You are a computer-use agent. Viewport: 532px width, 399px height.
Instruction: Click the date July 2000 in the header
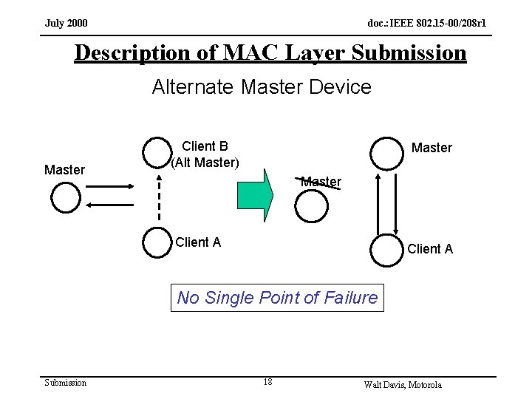tap(66, 24)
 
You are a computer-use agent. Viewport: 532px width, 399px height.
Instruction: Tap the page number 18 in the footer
tap(267, 382)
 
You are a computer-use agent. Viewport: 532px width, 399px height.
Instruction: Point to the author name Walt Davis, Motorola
tap(403, 384)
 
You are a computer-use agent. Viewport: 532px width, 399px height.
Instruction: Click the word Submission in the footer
tap(66, 382)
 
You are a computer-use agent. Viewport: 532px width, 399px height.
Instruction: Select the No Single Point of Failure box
tap(277, 298)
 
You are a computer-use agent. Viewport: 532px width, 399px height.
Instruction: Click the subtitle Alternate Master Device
tap(262, 87)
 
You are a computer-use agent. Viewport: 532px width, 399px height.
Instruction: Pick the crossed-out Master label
tap(321, 181)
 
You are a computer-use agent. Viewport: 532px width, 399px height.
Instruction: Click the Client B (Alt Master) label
tap(205, 154)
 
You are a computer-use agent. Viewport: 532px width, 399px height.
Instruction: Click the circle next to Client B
tap(157, 152)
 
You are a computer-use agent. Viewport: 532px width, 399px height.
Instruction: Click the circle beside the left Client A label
tap(157, 243)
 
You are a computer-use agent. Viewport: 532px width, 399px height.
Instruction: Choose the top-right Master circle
tap(386, 152)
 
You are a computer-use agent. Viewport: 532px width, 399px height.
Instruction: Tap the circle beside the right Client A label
tap(386, 250)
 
